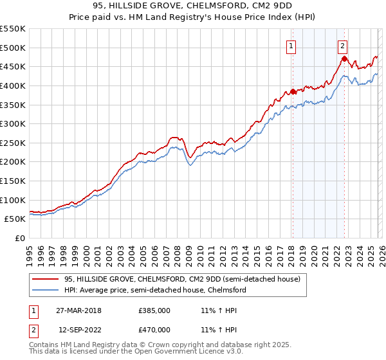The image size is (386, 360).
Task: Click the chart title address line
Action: tap(193, 6)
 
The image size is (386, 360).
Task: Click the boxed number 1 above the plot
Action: tap(291, 46)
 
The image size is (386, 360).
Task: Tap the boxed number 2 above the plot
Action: tap(342, 46)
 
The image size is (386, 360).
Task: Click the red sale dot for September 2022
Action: tap(344, 59)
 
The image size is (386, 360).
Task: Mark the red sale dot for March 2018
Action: tap(293, 91)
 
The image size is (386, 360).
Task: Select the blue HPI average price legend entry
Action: tap(155, 290)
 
